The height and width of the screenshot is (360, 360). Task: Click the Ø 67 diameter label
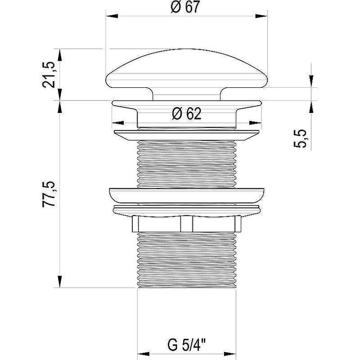click(x=185, y=7)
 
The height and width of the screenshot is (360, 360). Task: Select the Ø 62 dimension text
click(x=187, y=114)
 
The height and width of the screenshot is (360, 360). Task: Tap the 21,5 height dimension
click(x=49, y=75)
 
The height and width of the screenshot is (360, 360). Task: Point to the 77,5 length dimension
click(x=49, y=194)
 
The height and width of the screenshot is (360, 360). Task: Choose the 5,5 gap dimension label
click(x=300, y=139)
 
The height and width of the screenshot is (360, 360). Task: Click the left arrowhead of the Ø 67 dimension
click(x=112, y=16)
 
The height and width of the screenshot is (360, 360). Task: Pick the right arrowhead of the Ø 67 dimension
click(x=261, y=16)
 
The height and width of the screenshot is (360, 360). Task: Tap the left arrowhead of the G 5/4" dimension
click(x=143, y=354)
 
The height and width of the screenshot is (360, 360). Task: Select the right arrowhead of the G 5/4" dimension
click(x=230, y=354)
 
